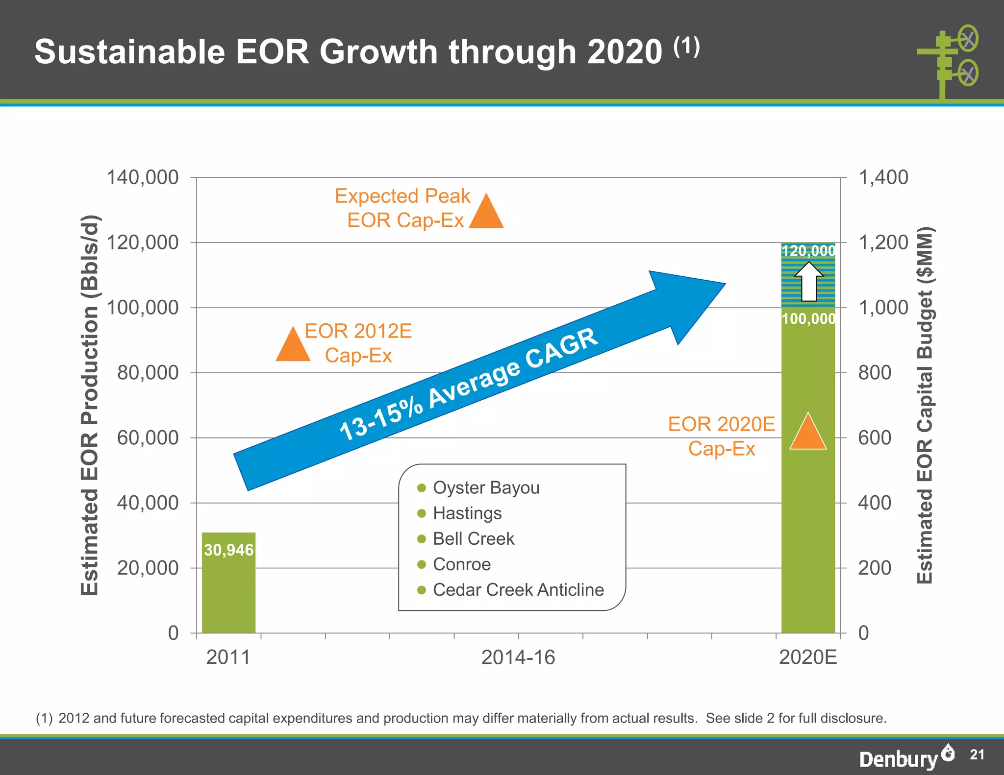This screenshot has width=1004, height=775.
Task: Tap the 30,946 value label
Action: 228,550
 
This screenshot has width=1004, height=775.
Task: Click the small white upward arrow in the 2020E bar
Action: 809,282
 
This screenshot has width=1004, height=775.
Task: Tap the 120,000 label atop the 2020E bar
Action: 808,251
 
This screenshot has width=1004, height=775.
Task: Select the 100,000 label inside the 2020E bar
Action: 808,319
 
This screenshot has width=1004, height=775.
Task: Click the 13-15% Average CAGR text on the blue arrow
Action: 468,385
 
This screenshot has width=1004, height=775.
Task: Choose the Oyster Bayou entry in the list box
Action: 486,488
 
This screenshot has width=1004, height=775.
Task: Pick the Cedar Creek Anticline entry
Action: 518,590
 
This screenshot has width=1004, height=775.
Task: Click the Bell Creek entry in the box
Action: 473,539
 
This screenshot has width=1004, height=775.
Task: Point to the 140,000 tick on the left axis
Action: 143,177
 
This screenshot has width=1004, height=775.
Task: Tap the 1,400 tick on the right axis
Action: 883,177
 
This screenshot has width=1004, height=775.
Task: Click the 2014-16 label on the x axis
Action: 518,657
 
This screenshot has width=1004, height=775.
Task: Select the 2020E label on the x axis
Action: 808,657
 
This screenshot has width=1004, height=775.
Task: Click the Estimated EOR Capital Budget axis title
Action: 925,405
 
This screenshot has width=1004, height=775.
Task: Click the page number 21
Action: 977,754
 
